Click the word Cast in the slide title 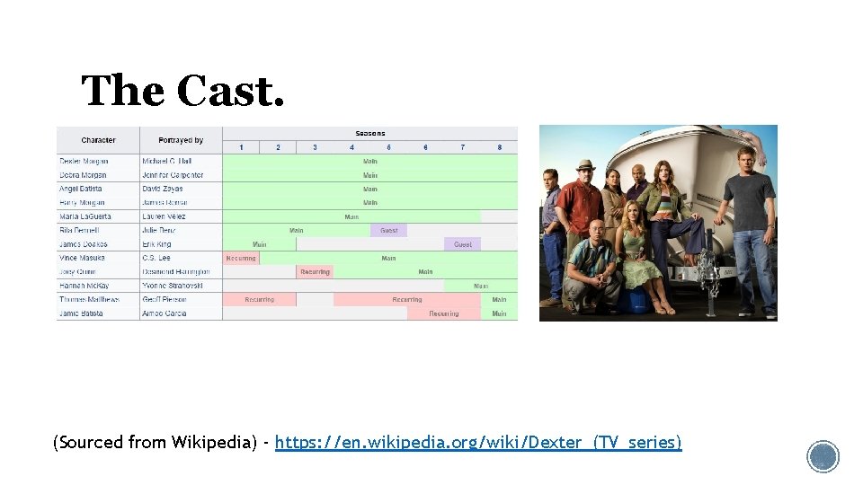pyautogui.click(x=230, y=92)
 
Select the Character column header pyautogui.click(x=98, y=140)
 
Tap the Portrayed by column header pyautogui.click(x=181, y=140)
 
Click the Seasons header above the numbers pyautogui.click(x=369, y=133)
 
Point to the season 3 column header pyautogui.click(x=315, y=147)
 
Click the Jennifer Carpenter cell pyautogui.click(x=173, y=175)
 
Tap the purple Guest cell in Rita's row pyautogui.click(x=388, y=230)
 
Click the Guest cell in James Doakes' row pyautogui.click(x=462, y=244)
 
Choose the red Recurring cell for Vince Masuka pyautogui.click(x=241, y=258)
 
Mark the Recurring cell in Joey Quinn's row pyautogui.click(x=315, y=271)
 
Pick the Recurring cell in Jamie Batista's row pyautogui.click(x=443, y=313)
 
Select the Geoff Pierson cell pyautogui.click(x=165, y=299)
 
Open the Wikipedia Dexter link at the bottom pyautogui.click(x=478, y=443)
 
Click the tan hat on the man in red pyautogui.click(x=585, y=165)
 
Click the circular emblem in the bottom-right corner pyautogui.click(x=823, y=456)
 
